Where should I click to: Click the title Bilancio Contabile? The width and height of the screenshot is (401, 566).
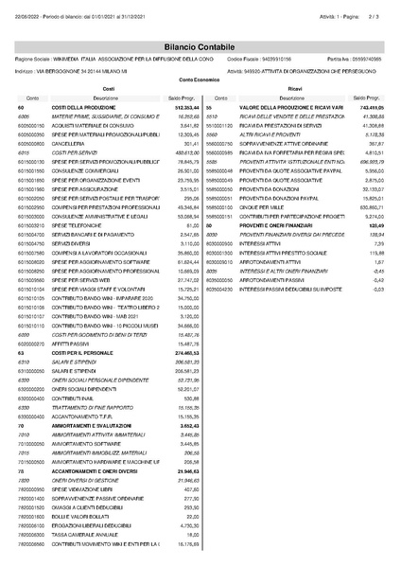click(200, 31)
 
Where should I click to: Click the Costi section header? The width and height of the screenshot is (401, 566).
click(108, 85)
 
